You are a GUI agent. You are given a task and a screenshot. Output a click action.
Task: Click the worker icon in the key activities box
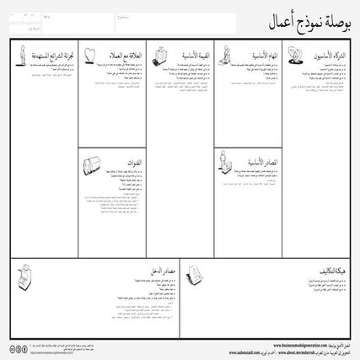tap(226, 55)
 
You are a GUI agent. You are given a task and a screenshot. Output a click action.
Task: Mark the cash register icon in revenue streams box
tap(24, 271)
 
